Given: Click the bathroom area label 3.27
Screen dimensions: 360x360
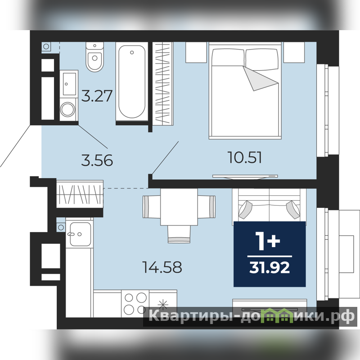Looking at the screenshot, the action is coord(97,96).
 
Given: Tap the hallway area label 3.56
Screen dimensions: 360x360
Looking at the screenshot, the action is coord(97,160).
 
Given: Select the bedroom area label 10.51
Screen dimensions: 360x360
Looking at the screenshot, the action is coord(245,157).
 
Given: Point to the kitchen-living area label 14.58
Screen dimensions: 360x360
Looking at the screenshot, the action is coord(162,267).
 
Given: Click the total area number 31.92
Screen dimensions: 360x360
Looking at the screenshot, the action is coord(270,267).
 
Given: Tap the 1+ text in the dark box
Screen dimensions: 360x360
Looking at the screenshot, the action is coord(268,241).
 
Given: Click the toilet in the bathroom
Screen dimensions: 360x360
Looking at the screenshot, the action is coord(94,57).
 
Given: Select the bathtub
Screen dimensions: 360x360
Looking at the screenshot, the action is coord(132,81).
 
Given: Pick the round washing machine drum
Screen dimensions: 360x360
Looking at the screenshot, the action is coord(67,109).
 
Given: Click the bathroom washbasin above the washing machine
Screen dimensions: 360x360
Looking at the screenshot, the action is coord(69,84).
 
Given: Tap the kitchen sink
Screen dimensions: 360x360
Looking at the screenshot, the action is coord(80,234).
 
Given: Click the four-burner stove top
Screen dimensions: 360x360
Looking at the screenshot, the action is coord(135,303).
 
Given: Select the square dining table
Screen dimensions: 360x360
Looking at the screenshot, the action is coord(179,207).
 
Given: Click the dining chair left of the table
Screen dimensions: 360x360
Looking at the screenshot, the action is coord(152,207).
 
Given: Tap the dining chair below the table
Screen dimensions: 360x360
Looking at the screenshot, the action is coord(179,234).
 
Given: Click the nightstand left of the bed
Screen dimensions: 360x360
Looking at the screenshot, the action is coord(196,52).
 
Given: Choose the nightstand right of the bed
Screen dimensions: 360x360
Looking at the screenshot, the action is coord(294,52).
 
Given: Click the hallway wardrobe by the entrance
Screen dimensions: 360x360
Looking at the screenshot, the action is coord(80,194).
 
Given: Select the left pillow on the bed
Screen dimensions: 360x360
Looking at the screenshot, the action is coord(228,58).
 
